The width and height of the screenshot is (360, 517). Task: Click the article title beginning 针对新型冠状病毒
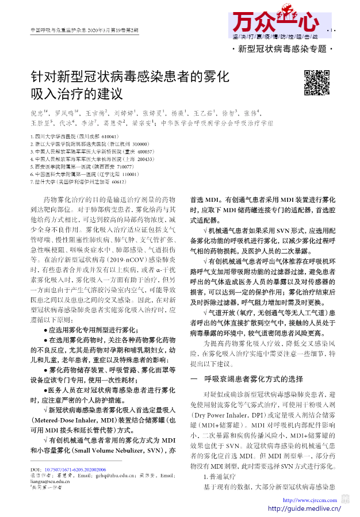point(130,84)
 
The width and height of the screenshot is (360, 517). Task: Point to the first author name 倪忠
point(39,113)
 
